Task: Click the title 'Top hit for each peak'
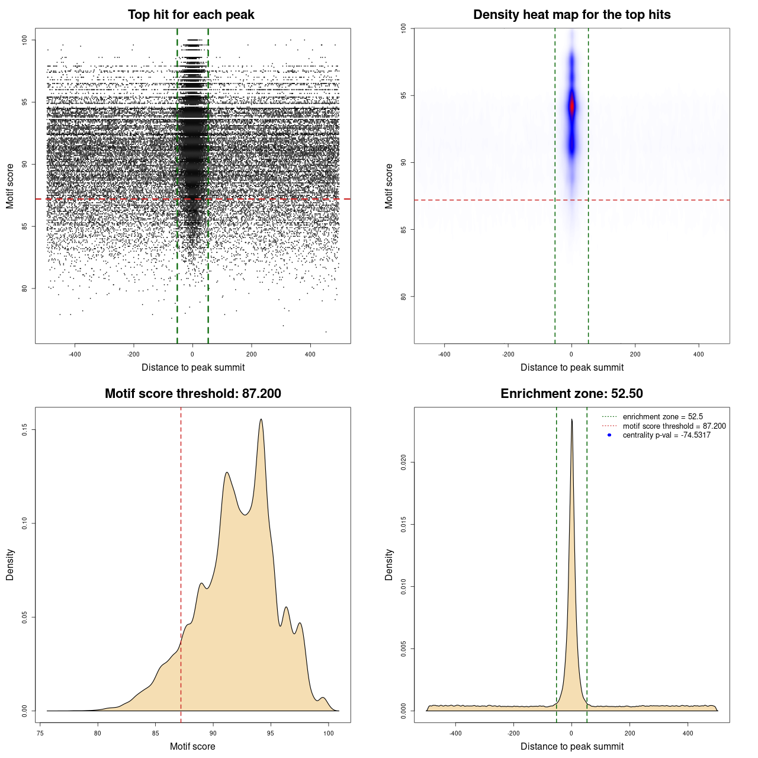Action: tap(191, 15)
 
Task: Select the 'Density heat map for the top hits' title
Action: tap(571, 15)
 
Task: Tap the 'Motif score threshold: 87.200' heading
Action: tap(192, 394)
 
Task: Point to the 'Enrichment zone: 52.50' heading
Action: tap(571, 394)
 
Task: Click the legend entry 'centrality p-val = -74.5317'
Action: tap(666, 435)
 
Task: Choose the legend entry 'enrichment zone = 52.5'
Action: tap(663, 417)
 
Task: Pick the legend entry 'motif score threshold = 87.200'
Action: tap(674, 426)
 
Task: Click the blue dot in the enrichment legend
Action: tap(609, 435)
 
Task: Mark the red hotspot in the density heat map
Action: tap(571, 107)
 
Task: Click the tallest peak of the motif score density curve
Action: tap(261, 420)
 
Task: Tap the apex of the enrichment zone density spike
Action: tap(571, 420)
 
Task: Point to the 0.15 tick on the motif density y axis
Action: tap(24, 429)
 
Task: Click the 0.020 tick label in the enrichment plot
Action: tap(403, 462)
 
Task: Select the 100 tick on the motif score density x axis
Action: tap(329, 733)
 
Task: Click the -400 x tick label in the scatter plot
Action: tap(75, 354)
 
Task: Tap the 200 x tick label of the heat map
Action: tap(635, 354)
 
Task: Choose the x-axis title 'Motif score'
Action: tap(192, 746)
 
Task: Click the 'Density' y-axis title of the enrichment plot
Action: tap(389, 564)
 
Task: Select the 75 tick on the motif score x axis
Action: tap(40, 733)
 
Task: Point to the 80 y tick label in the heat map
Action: tap(403, 296)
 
